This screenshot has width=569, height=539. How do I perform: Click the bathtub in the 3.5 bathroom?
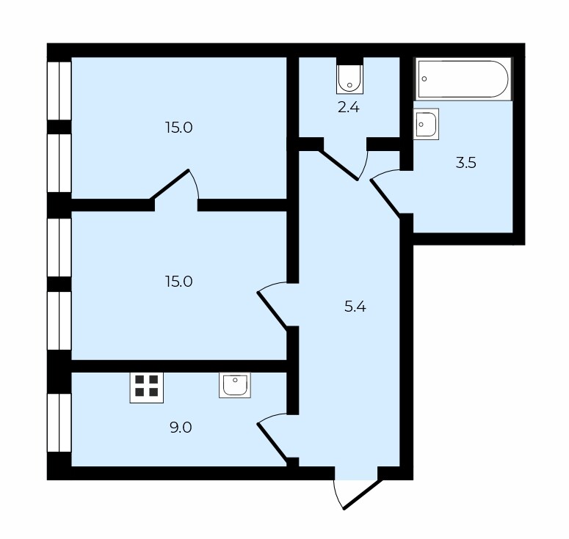tap(463, 79)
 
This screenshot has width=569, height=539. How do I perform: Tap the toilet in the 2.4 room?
tap(349, 79)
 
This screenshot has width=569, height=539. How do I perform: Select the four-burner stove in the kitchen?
tap(147, 387)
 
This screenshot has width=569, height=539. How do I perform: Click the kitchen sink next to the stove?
tap(235, 385)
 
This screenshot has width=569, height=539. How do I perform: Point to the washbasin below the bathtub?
tap(426, 124)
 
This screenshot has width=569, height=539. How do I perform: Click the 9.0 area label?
tap(181, 428)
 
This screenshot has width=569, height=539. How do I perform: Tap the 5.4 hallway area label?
tap(355, 307)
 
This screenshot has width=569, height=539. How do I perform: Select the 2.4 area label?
tap(348, 108)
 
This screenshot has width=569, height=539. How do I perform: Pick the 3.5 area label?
tap(466, 163)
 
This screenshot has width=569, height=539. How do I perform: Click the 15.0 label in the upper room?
tap(179, 128)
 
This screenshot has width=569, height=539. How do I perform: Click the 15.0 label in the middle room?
tap(179, 282)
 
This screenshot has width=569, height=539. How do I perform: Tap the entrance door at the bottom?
tap(363, 494)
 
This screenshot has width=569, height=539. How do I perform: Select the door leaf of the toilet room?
tap(338, 165)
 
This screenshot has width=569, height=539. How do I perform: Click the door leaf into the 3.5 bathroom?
tap(385, 198)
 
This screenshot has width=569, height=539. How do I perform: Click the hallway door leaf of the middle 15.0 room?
tap(272, 311)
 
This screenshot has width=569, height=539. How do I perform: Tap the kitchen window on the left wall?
tap(59, 422)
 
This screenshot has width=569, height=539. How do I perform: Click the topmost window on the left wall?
tap(59, 91)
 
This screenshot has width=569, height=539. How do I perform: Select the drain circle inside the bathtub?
tap(424, 78)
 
